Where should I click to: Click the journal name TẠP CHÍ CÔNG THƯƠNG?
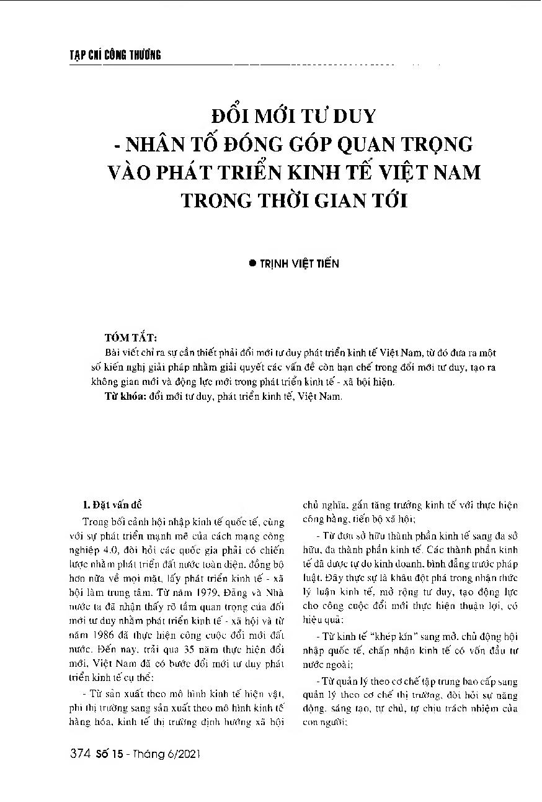pyautogui.click(x=115, y=55)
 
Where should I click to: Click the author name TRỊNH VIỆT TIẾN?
pyautogui.click(x=299, y=263)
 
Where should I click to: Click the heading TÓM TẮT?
pyautogui.click(x=132, y=338)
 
